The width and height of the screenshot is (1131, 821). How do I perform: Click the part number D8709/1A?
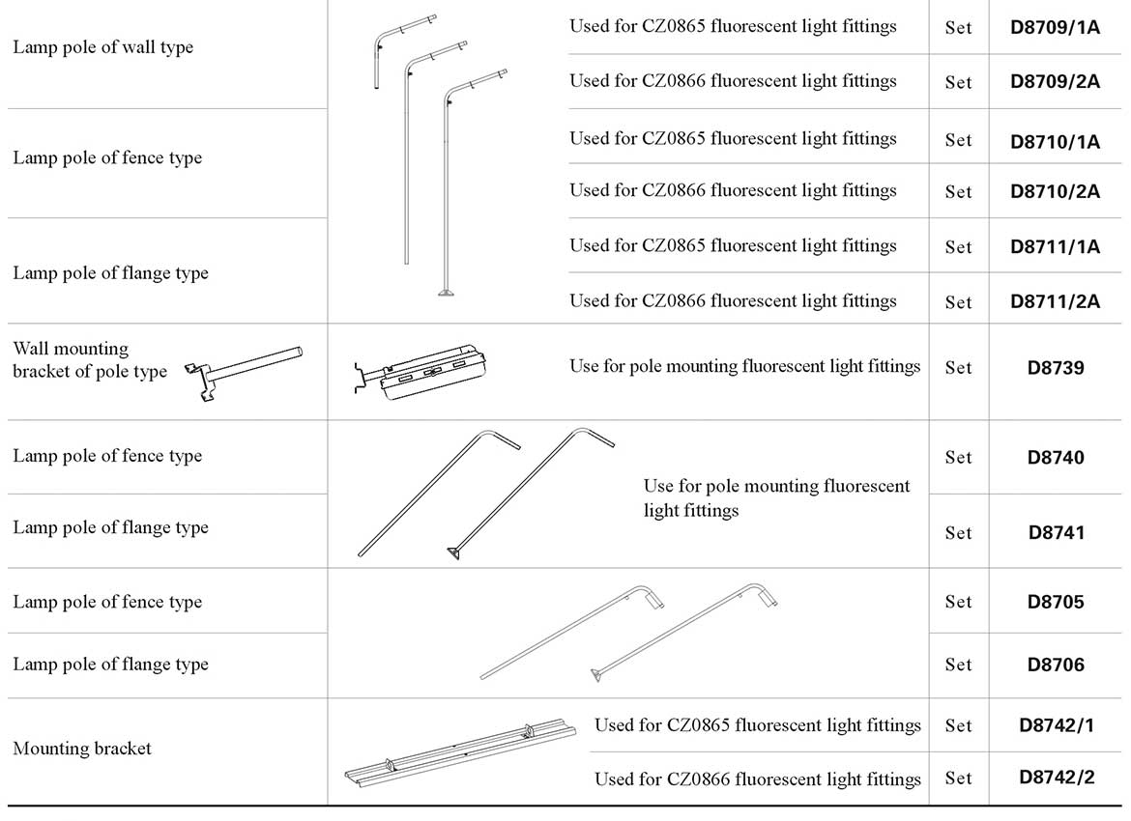pyautogui.click(x=1055, y=27)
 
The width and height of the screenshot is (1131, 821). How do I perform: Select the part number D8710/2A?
pyautogui.click(x=1055, y=191)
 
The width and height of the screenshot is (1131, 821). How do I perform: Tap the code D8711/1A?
pyautogui.click(x=1055, y=246)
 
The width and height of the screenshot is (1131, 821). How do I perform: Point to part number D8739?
pyautogui.click(x=1056, y=368)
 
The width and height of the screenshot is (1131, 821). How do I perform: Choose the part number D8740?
pyautogui.click(x=1056, y=458)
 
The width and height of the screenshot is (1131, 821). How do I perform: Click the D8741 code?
pyautogui.click(x=1056, y=532)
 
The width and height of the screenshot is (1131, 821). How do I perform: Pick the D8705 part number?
pyautogui.click(x=1056, y=602)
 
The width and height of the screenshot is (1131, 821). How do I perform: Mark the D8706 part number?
pyautogui.click(x=1056, y=665)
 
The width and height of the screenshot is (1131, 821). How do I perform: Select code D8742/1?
pyautogui.click(x=1056, y=725)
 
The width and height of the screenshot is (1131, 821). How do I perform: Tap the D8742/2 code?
pyautogui.click(x=1056, y=778)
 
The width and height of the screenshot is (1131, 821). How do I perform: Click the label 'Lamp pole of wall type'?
pyautogui.click(x=102, y=47)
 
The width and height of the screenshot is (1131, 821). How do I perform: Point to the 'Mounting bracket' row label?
pyautogui.click(x=82, y=749)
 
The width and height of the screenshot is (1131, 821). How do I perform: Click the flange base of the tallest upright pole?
pyautogui.click(x=447, y=292)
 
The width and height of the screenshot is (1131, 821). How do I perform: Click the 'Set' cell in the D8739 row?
pyautogui.click(x=958, y=368)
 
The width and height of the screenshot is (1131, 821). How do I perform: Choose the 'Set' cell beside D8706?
pyautogui.click(x=958, y=665)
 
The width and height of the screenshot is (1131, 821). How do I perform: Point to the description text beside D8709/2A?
pyautogui.click(x=733, y=81)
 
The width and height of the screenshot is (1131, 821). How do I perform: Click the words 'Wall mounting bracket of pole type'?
pyautogui.click(x=89, y=360)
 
